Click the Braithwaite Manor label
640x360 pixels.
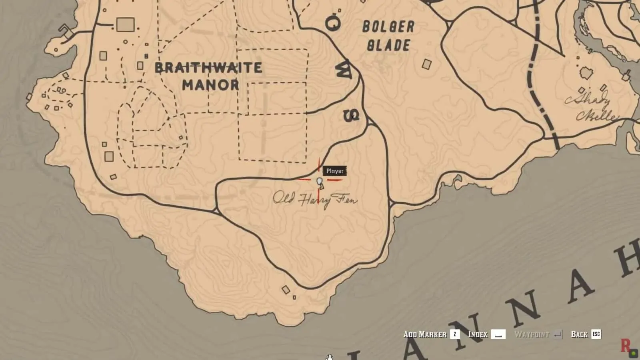208,76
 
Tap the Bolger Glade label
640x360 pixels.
388,36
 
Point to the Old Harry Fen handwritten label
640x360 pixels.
315,199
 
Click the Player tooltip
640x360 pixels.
335,171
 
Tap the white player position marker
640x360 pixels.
319,182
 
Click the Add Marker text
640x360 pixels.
425,334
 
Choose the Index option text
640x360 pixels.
478,334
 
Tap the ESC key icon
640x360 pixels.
596,334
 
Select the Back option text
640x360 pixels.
579,334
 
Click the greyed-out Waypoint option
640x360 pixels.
531,334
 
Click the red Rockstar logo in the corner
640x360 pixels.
625,345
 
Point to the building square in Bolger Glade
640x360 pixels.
427,64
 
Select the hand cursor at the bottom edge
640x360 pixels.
329,357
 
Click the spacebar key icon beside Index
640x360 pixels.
498,334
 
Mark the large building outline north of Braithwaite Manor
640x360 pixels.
125,25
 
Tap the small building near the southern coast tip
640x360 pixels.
286,290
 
